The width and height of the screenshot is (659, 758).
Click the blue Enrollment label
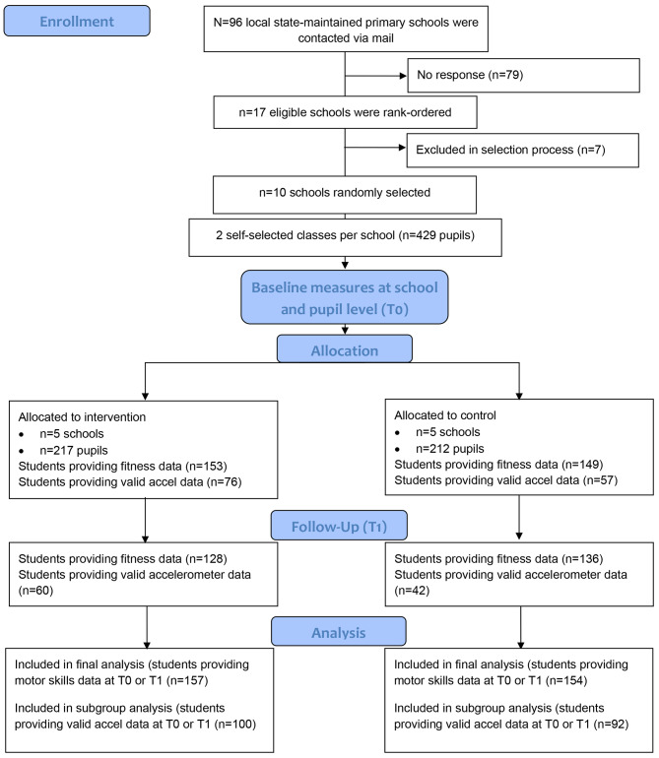[77, 22]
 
